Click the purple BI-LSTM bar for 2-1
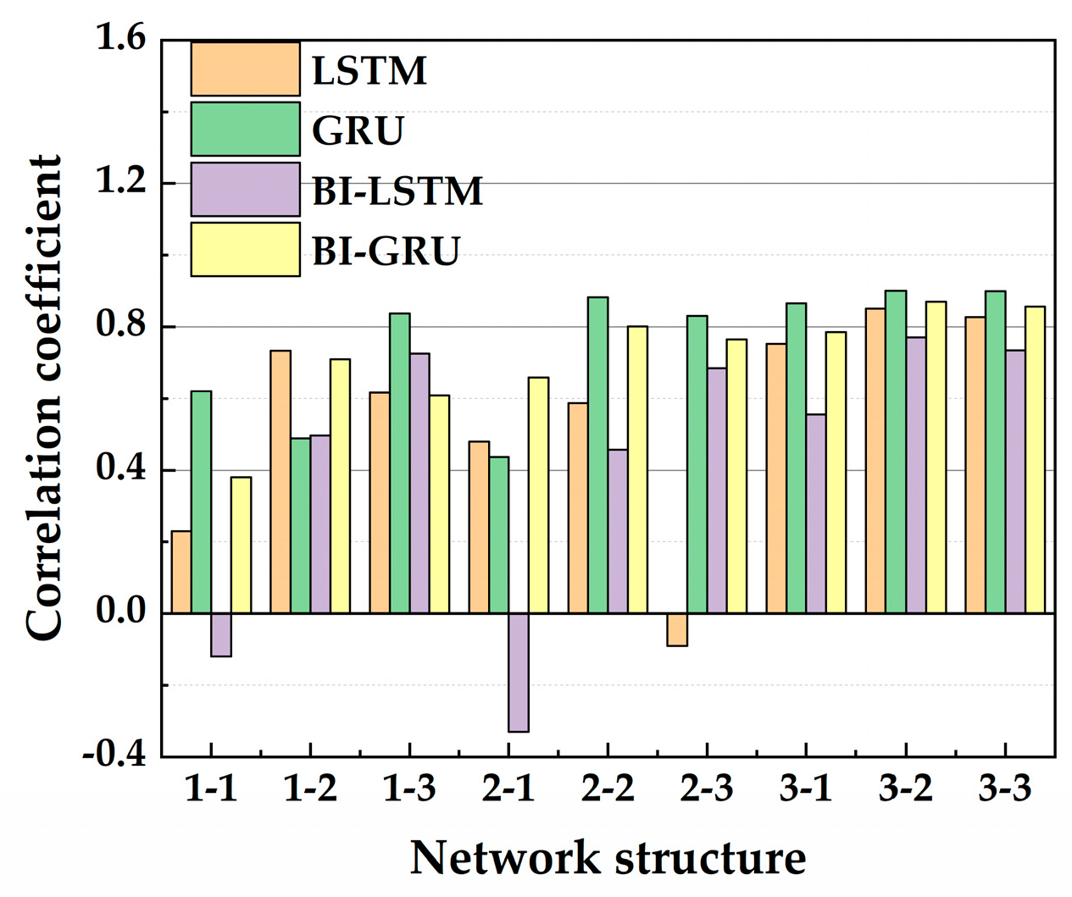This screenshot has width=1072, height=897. [519, 672]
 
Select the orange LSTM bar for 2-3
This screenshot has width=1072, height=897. [677, 629]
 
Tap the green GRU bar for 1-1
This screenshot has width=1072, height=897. [201, 501]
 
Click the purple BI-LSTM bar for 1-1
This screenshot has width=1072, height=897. [220, 634]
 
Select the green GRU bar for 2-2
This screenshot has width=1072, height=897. [597, 455]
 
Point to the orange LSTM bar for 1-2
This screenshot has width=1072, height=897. [280, 481]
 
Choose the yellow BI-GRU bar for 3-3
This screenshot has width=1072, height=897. [1035, 459]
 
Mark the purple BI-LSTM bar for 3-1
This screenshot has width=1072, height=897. [816, 513]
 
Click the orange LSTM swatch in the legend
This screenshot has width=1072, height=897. [245, 69]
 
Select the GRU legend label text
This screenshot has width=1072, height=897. [358, 130]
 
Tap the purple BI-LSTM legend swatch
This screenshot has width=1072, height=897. [245, 190]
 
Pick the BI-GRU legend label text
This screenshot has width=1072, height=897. [386, 251]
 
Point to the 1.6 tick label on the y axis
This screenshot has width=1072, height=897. [120, 39]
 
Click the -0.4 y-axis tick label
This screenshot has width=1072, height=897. [114, 754]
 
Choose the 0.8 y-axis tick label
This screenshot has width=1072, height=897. [120, 326]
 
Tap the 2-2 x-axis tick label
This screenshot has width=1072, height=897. [608, 789]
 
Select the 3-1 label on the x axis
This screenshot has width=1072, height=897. [806, 789]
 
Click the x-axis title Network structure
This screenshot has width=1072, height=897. [608, 858]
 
